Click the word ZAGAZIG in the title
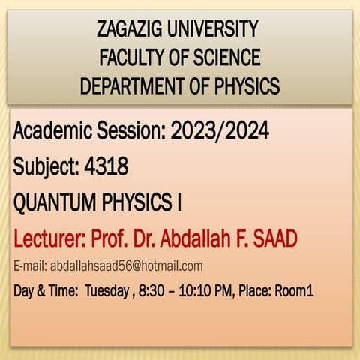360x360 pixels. pos(132,31)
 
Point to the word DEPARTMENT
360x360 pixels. pos(127,86)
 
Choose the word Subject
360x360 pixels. pos(42,168)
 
